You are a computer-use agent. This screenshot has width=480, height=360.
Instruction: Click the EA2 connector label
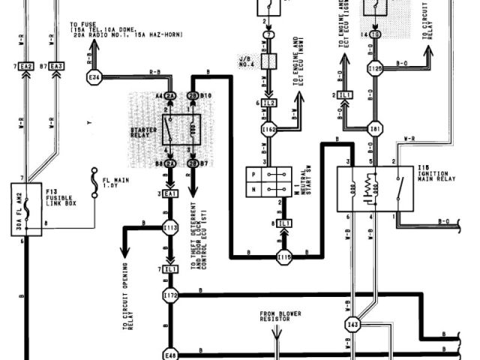click(26, 67)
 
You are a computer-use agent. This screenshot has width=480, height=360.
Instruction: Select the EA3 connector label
click(56, 67)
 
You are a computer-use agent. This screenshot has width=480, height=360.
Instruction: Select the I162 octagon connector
click(269, 130)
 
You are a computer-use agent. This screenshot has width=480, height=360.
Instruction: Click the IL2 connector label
click(270, 102)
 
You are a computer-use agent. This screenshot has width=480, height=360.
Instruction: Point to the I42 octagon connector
click(352, 324)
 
